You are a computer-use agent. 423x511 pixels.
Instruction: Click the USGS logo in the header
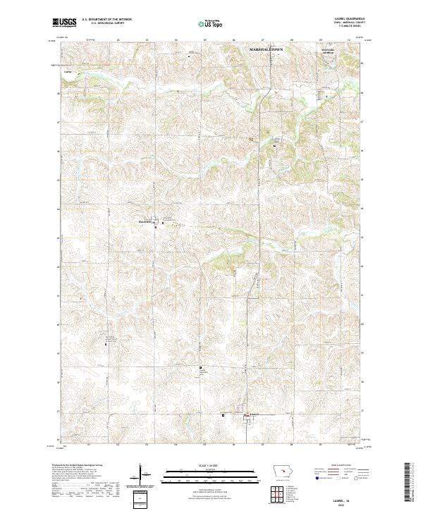(x=65, y=23)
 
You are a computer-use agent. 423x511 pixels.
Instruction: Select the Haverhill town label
(x=145, y=221)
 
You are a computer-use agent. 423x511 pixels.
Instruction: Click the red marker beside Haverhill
(x=157, y=226)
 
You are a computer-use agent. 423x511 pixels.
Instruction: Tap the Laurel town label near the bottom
(x=255, y=414)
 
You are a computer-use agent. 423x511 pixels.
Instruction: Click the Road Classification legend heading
(x=341, y=467)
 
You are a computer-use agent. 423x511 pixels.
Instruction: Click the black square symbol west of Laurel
(x=224, y=415)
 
